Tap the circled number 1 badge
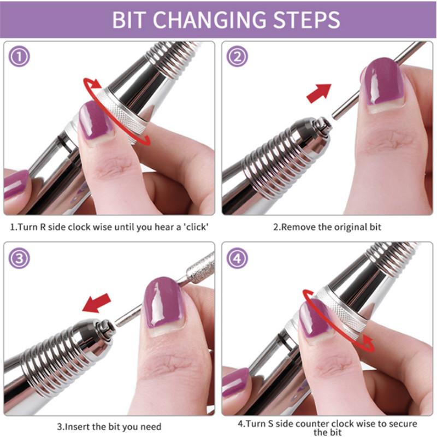click(x=19, y=57)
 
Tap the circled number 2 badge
click(x=237, y=57)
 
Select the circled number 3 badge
click(x=19, y=258)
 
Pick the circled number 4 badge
click(x=237, y=258)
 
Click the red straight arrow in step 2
click(x=319, y=93)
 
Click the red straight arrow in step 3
click(x=97, y=303)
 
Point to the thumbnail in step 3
click(x=164, y=304)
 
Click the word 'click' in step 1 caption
click(x=196, y=227)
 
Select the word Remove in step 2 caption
click(x=298, y=227)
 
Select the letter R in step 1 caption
click(x=43, y=227)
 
